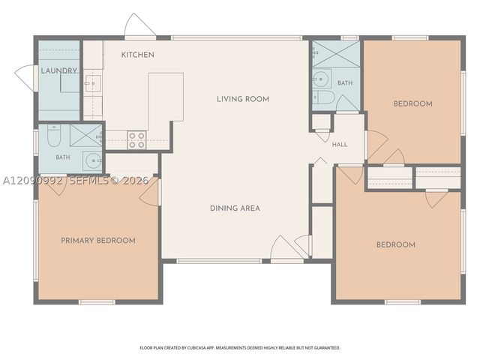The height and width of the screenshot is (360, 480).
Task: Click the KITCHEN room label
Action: coord(137,55)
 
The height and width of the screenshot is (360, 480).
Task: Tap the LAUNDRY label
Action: coord(59,70)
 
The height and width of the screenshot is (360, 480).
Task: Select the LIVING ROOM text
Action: coord(243,99)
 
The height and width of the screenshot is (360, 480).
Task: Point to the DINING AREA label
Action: coord(235,208)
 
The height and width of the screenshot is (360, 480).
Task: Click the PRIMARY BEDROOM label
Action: coord(98,241)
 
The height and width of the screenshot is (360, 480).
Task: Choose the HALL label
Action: coord(340,145)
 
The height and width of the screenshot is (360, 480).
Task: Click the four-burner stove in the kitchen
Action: coord(136,140)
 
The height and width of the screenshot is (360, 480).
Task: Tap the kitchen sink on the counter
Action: coord(92,83)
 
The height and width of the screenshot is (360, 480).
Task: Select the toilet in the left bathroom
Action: coord(54,135)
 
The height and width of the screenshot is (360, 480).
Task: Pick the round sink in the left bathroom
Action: coord(93,160)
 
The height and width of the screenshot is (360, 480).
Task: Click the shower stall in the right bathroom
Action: coord(335,53)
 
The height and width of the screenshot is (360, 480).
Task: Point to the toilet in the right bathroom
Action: coord(323,97)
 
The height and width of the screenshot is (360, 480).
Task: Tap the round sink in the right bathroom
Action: coord(322,79)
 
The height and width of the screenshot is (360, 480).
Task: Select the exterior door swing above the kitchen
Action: coord(139,25)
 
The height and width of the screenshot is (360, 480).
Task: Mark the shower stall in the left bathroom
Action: coord(85,135)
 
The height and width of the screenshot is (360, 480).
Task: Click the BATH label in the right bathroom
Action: coord(345,83)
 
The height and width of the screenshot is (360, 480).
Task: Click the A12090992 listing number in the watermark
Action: coord(32,181)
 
